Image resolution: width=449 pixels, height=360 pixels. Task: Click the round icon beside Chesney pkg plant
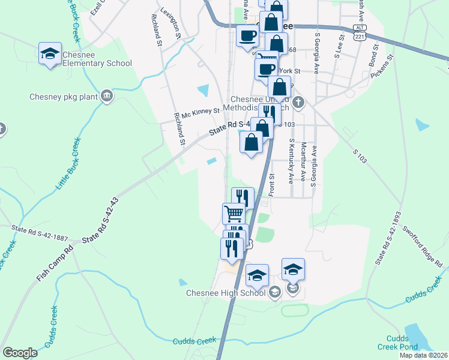click(107, 96)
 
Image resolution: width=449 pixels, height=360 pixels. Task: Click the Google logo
click(20, 353)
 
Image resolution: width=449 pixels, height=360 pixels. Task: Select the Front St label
click(271, 185)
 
